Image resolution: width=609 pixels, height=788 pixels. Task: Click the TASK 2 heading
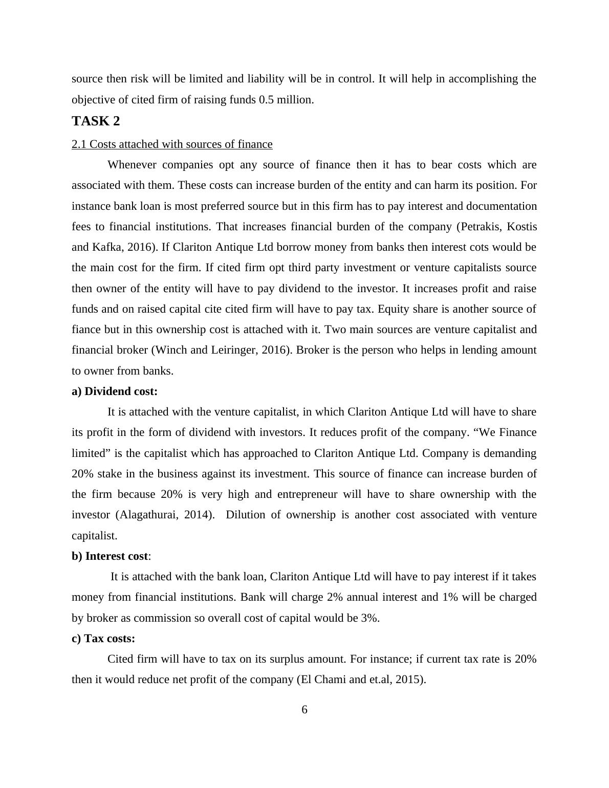click(x=96, y=121)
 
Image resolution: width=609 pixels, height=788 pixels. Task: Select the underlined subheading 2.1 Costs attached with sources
click(x=172, y=144)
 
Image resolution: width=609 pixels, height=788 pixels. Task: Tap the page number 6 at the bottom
click(x=304, y=710)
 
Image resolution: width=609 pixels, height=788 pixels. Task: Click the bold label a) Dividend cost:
click(x=115, y=391)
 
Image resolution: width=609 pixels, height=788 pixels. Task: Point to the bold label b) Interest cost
click(x=110, y=556)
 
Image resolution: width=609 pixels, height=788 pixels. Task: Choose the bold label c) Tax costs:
click(x=103, y=639)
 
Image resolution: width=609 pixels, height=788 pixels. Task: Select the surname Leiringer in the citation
click(x=236, y=350)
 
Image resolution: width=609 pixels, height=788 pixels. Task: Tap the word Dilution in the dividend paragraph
click(x=245, y=515)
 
